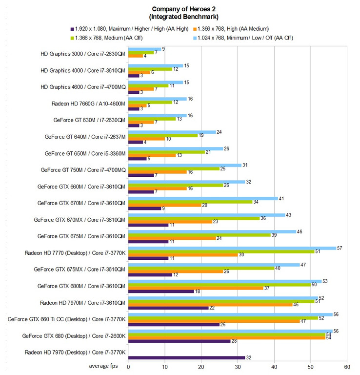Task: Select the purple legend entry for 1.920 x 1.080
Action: coord(132,29)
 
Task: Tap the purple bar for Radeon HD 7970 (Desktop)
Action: coord(186,357)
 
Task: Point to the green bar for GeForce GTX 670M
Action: coord(190,201)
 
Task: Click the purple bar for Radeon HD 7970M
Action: coord(168,307)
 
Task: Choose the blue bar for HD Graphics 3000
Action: coord(144,49)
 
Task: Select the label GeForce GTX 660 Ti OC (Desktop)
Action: coord(67,319)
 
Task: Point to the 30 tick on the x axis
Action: coord(238,367)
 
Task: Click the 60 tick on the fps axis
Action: coord(347,367)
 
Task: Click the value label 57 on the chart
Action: coord(340,248)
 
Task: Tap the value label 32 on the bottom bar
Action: coord(249,358)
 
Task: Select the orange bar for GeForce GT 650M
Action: coord(152,155)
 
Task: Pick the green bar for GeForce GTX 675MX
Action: coord(201,268)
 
